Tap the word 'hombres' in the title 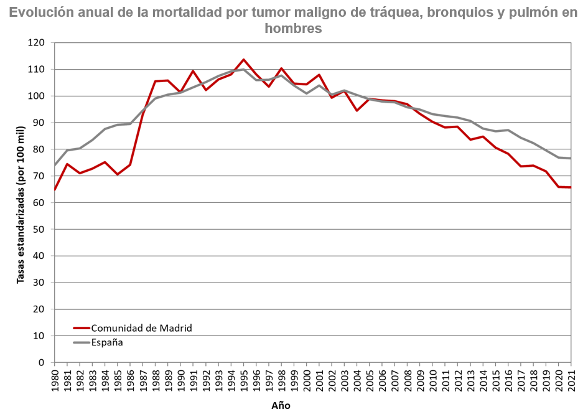coord(293,29)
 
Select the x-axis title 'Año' coord(281,405)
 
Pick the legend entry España coord(107,342)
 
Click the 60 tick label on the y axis coord(40,203)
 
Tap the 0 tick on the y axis coord(43,362)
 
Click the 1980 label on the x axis coord(55,379)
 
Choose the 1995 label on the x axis coord(243,379)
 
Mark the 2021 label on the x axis coord(571,379)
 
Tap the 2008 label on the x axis coord(407,379)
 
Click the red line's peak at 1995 coord(243,60)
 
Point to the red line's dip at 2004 coord(357,111)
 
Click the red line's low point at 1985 coord(118,174)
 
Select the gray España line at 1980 coord(55,165)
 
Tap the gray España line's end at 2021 coord(570,159)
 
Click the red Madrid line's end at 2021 coord(570,187)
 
